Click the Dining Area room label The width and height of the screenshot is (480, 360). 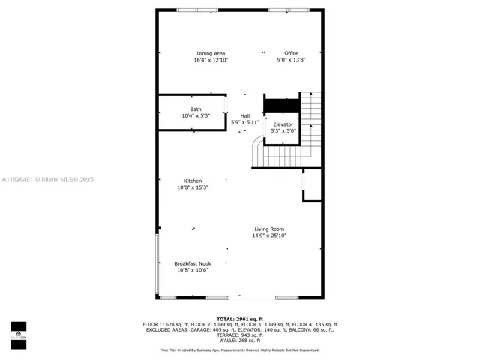pos(211,53)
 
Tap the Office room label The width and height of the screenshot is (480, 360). pos(292,53)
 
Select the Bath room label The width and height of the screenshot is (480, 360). pos(196,109)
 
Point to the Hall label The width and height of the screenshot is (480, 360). pos(245,115)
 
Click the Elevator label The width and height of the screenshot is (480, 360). pos(283,124)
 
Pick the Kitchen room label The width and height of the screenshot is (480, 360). pos(193,181)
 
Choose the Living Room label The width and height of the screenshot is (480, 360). pos(269,229)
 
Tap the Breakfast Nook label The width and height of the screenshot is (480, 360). pos(193,263)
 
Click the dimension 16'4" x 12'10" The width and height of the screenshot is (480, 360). pos(211,60)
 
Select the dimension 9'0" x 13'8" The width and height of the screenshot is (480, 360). pos(292,60)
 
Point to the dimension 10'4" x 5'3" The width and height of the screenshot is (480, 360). pos(196,116)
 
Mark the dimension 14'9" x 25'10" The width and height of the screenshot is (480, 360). pos(269,235)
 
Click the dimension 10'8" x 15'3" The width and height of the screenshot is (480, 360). pos(193,187)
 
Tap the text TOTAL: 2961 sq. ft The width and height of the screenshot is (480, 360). pos(240,319)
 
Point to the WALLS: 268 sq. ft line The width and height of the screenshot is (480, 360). pos(240,340)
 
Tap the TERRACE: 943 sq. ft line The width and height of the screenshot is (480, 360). pos(240,334)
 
